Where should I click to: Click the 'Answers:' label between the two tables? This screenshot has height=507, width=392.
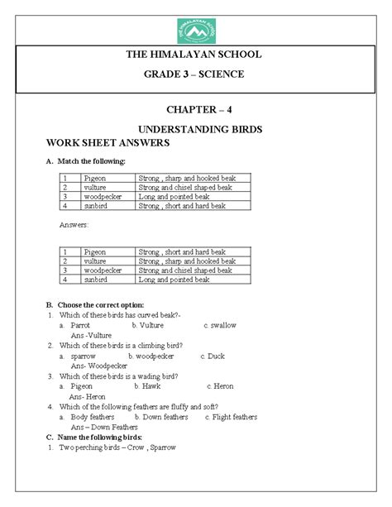click(76, 225)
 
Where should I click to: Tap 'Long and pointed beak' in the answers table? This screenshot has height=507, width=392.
click(174, 280)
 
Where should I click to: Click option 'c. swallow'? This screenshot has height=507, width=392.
click(219, 325)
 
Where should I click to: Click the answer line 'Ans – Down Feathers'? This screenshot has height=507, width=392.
click(104, 427)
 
